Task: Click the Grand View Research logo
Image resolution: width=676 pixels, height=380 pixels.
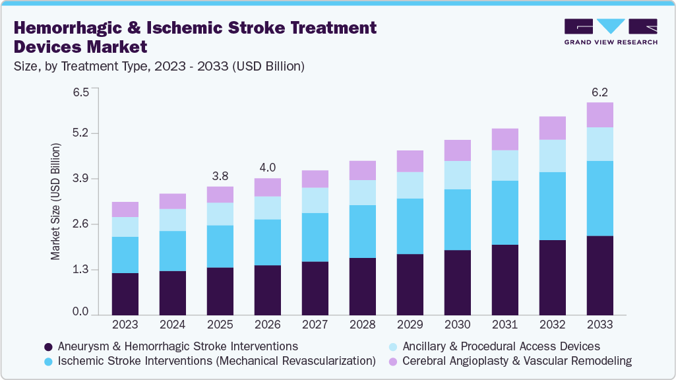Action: (611, 31)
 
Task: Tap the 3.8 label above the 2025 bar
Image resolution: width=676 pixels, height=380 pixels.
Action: (220, 177)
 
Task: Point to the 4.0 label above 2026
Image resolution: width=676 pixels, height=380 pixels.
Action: (267, 168)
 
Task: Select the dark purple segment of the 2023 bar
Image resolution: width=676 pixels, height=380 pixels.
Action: (125, 294)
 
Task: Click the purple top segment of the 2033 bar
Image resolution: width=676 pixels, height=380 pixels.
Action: (599, 115)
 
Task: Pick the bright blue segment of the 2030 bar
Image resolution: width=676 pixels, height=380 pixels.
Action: (457, 220)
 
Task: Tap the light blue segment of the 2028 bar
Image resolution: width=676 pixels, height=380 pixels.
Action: (362, 193)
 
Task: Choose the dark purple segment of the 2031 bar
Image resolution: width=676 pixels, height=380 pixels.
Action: (505, 280)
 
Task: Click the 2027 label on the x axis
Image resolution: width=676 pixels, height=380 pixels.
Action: (315, 325)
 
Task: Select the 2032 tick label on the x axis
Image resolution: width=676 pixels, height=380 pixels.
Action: (552, 325)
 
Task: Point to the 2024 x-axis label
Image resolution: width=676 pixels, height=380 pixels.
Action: (173, 325)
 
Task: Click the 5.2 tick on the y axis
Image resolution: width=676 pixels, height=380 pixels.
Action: (80, 134)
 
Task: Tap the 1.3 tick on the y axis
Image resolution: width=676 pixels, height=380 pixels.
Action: (80, 270)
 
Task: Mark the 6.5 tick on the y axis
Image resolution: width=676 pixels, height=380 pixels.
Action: (80, 92)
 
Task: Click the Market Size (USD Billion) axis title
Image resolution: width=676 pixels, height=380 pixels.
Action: (55, 201)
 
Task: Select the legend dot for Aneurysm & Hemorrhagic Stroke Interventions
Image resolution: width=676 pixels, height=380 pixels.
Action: (47, 347)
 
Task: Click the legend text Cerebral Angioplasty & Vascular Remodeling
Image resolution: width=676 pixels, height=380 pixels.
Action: (517, 361)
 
